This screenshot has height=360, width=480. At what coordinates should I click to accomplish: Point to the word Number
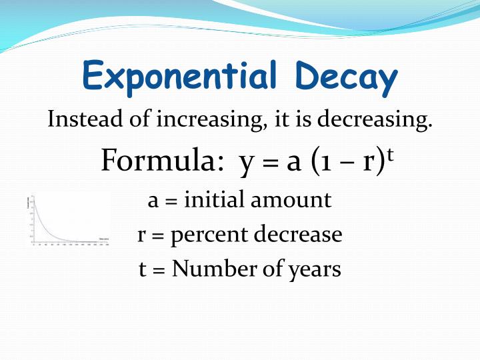pos(213,269)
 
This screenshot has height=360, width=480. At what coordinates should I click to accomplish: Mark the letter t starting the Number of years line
pos(142,269)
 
